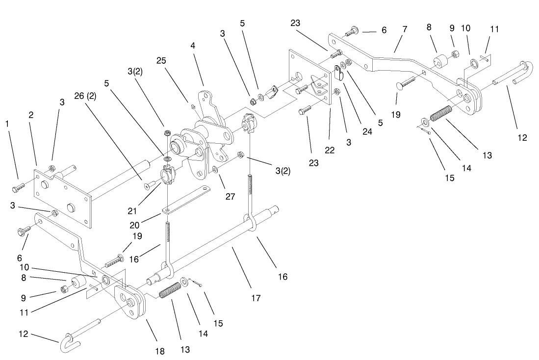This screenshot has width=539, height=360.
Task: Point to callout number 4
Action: (193, 46)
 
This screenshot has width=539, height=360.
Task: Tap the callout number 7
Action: (405, 29)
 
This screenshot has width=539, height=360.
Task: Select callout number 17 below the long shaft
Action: (256, 297)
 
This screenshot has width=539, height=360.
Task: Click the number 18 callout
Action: (159, 351)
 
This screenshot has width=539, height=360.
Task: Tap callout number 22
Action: (330, 150)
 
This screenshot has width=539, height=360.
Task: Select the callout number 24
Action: (367, 131)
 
